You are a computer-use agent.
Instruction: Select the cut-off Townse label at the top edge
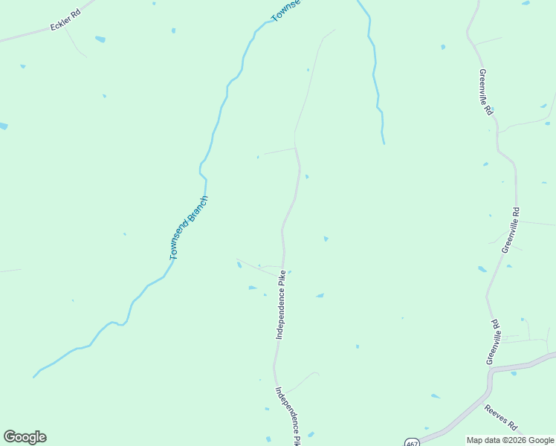tap(286, 10)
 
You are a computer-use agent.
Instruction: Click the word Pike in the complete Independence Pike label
tap(282, 279)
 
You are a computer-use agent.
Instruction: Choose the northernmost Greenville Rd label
tap(485, 91)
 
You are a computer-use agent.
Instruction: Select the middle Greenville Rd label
tap(510, 230)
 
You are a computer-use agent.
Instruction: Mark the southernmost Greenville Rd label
tap(494, 343)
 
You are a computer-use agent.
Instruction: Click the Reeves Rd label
tap(501, 418)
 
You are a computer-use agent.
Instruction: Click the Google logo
tap(25, 437)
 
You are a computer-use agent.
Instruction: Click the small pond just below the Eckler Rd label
tap(100, 39)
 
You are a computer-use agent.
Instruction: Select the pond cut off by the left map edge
tap(3, 126)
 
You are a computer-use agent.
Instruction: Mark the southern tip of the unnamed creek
tap(384, 143)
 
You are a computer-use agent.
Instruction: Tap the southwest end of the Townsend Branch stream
tap(34, 377)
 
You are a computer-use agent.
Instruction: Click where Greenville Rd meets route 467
tap(491, 369)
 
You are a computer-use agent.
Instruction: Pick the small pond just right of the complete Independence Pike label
tap(320, 296)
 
